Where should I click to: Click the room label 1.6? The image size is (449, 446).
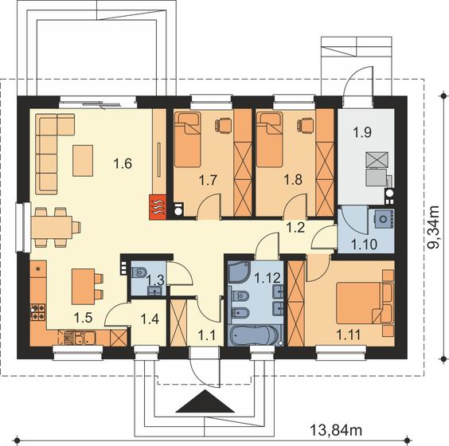click(x=123, y=163)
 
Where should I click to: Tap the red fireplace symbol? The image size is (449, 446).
click(x=158, y=207)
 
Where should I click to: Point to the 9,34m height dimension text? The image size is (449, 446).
click(x=432, y=227)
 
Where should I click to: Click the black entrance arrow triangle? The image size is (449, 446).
click(x=205, y=401)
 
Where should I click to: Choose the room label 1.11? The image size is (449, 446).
click(x=349, y=334)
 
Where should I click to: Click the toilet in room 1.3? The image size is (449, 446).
click(x=139, y=272)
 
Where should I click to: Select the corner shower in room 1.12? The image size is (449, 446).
click(x=240, y=271)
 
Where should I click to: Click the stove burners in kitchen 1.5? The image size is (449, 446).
click(x=37, y=312)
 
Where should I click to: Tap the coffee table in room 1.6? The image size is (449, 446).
click(x=83, y=160)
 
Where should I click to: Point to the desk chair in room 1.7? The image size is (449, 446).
click(x=223, y=126)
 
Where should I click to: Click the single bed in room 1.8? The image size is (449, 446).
click(x=270, y=139)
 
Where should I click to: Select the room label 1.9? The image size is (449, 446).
click(x=362, y=133)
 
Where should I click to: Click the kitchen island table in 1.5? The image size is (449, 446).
click(x=84, y=287)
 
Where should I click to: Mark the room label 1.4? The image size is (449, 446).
click(x=150, y=319)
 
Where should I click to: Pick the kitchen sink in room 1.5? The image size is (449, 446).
click(x=84, y=338)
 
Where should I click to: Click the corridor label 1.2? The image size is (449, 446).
click(x=295, y=228)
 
